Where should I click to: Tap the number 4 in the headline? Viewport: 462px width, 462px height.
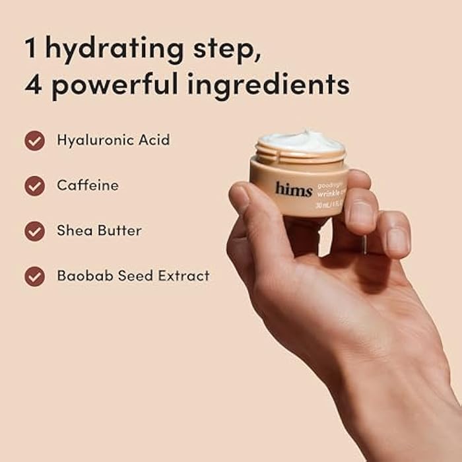tap(34, 86)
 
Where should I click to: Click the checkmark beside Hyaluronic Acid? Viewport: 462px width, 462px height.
tap(35, 141)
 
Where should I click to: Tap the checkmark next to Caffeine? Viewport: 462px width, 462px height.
tap(35, 186)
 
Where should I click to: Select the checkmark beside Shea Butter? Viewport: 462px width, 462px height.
tap(35, 231)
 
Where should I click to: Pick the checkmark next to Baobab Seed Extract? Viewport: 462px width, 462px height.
tap(35, 276)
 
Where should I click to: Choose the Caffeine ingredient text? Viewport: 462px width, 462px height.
tap(88, 185)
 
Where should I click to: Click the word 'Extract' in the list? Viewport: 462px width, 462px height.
tap(184, 276)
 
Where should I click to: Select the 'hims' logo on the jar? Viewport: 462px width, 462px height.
tap(294, 190)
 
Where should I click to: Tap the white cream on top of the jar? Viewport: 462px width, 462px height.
tap(300, 141)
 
